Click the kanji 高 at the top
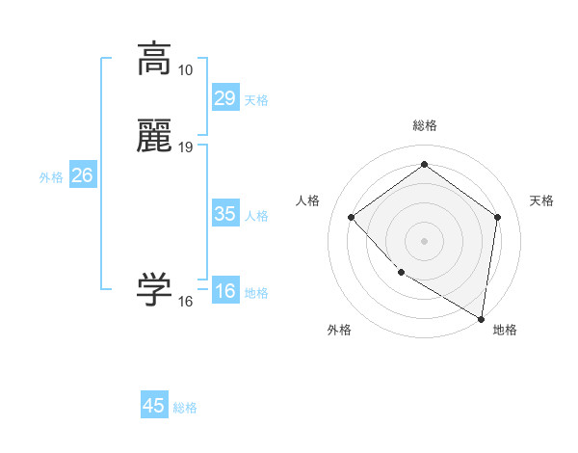point(155,59)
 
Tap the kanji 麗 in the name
point(155,137)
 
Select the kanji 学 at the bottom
point(155,290)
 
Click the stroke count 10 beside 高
point(186,70)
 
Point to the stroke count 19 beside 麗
point(186,147)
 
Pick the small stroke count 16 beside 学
point(186,302)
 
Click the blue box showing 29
point(225,98)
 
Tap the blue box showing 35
point(225,214)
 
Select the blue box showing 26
point(83,175)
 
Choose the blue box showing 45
point(154,406)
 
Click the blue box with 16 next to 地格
point(225,291)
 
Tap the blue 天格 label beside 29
point(256,100)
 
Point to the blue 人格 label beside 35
point(257,216)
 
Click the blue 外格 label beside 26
point(51,177)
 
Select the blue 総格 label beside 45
point(185,408)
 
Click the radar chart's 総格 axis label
point(424,125)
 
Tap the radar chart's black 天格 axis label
point(542,200)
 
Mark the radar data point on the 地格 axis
point(481,318)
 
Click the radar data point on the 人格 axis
point(352,217)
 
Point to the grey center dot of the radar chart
point(424,240)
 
